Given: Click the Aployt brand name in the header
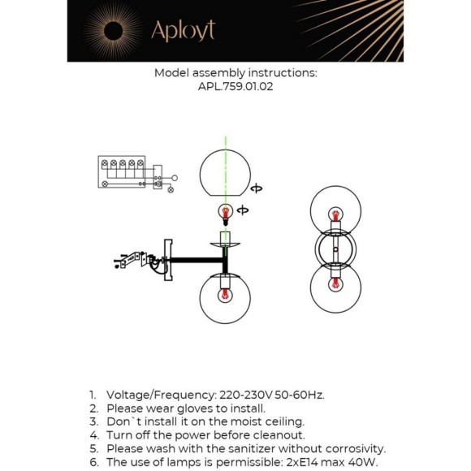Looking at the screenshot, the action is pos(182,31).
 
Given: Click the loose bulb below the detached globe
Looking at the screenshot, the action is pos(226,214).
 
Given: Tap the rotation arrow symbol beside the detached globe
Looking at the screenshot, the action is pos(257,188).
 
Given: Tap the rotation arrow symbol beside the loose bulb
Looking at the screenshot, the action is pos(243,211).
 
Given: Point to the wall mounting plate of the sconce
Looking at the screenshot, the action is pos(168,259).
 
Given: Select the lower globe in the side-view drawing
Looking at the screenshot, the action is pos(226,300).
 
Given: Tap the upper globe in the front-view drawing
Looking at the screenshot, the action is pos(332,213).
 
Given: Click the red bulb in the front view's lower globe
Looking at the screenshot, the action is pos(332,286).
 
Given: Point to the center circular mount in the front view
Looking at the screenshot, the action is pos(332,249).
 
